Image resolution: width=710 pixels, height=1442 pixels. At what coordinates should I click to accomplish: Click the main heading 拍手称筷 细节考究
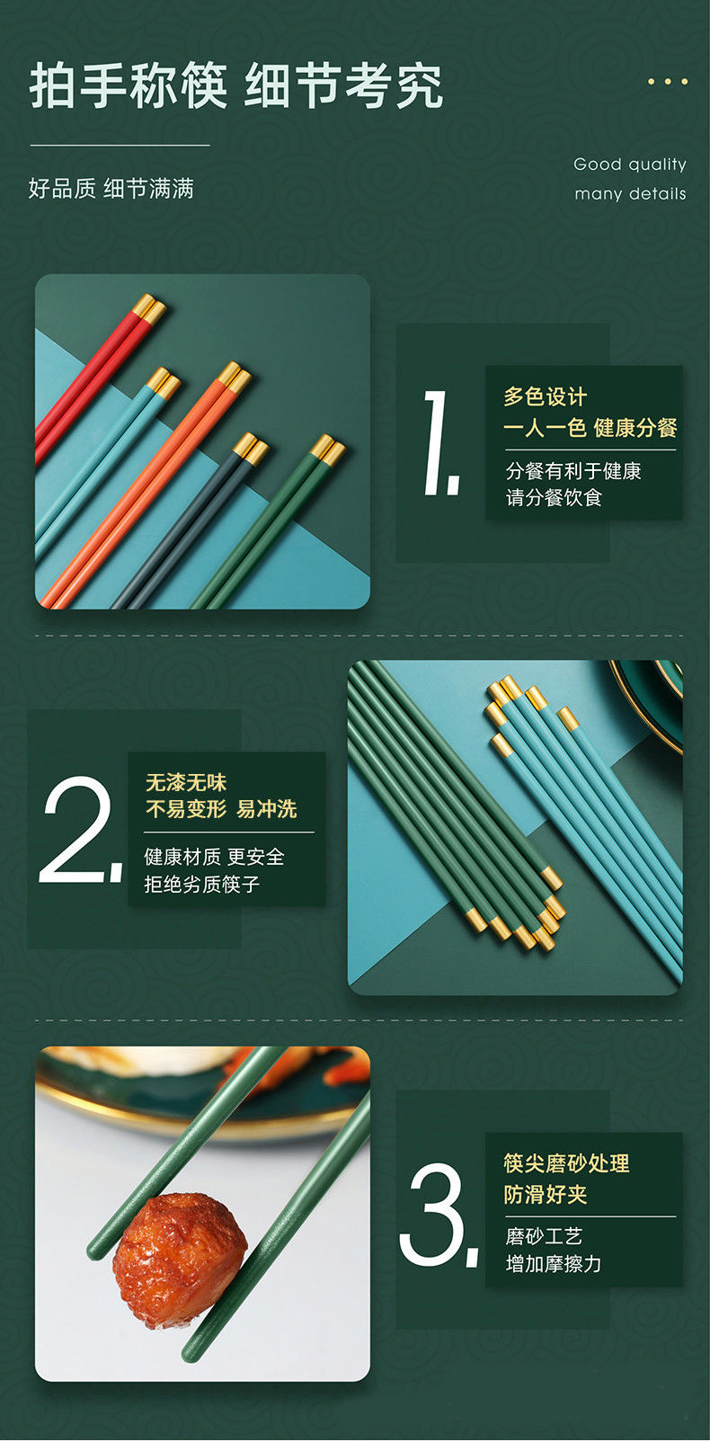[x=236, y=85]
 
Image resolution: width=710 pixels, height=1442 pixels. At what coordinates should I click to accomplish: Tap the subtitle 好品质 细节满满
[x=111, y=189]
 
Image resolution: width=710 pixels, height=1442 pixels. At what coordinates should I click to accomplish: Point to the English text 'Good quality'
[x=629, y=165]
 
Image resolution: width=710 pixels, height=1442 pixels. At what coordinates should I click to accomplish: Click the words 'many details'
[x=630, y=194]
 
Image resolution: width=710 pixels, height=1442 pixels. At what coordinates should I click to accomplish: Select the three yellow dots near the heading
[x=668, y=82]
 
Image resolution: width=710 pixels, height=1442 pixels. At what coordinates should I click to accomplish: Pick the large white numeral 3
[x=439, y=1215]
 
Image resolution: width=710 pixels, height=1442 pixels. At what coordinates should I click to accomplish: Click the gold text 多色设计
[x=546, y=396]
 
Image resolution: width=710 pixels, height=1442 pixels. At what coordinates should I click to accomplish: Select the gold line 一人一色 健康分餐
[x=590, y=427]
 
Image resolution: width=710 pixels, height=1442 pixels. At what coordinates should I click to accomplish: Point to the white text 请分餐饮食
[x=554, y=498]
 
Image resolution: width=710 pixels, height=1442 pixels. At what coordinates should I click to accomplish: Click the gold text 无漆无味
[x=186, y=782]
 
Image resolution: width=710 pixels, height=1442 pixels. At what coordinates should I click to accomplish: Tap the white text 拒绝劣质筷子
[x=202, y=884]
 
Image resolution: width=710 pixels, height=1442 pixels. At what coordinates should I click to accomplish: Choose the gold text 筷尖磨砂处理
[x=566, y=1163]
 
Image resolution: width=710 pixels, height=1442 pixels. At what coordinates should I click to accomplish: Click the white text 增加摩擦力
[x=554, y=1264]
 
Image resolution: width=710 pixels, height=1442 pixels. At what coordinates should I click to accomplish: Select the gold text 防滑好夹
[x=546, y=1195]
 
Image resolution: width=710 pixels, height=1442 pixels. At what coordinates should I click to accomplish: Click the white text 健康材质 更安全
[x=215, y=856]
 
